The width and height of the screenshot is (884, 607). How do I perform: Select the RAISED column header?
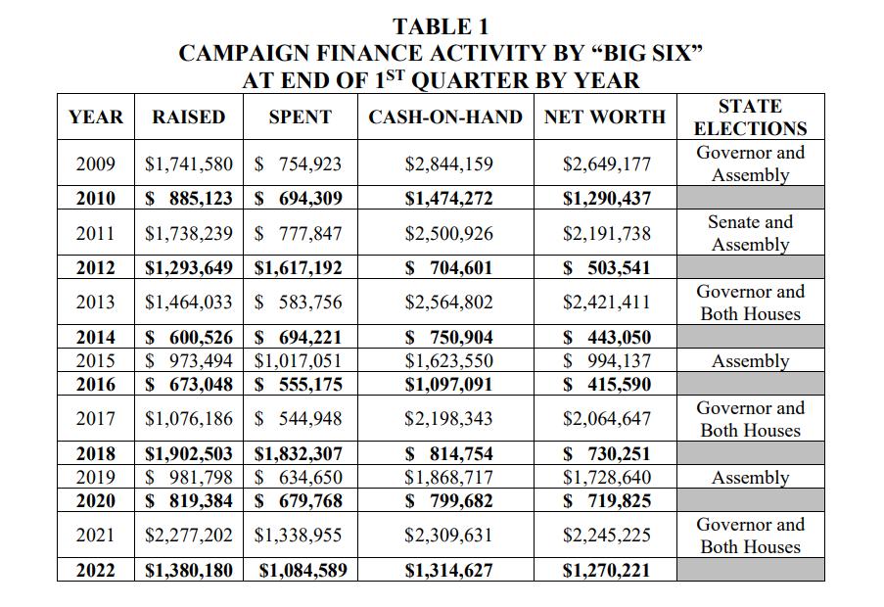pos(189,117)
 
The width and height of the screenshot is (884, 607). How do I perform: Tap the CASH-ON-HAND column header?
pos(445,117)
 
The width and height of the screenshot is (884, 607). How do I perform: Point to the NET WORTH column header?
pos(605,117)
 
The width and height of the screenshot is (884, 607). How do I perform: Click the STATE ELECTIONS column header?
pos(750,117)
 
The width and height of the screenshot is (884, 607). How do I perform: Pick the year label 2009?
pos(96,163)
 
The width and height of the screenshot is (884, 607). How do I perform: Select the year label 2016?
pos(96,384)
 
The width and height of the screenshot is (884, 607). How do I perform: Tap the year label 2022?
pos(96,570)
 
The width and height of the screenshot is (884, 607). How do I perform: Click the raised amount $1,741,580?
pos(189,163)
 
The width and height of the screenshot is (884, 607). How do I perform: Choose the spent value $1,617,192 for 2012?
pos(299,267)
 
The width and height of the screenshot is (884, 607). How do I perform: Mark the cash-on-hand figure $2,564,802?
pos(449,303)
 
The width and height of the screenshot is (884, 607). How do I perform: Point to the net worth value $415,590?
pos(607,384)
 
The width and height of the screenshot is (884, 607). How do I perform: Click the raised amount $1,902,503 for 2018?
pos(189,454)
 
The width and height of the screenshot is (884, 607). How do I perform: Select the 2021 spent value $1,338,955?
pos(299,536)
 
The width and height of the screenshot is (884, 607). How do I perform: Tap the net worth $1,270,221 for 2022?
pos(607,570)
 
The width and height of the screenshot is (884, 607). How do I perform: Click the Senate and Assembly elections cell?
pos(750,233)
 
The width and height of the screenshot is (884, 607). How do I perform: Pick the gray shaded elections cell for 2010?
pos(750,198)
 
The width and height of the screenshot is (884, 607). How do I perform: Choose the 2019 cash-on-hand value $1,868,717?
pos(449,478)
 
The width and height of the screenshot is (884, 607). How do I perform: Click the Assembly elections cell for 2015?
pos(750,361)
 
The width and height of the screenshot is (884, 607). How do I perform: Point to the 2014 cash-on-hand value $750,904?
pos(449,338)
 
